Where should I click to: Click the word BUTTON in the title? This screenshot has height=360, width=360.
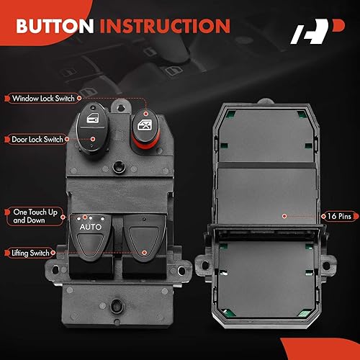pyautogui.click(x=55, y=27)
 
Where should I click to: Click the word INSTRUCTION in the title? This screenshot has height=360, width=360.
pyautogui.click(x=165, y=27)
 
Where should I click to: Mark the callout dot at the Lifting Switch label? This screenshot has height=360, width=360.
pyautogui.click(x=145, y=253)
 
